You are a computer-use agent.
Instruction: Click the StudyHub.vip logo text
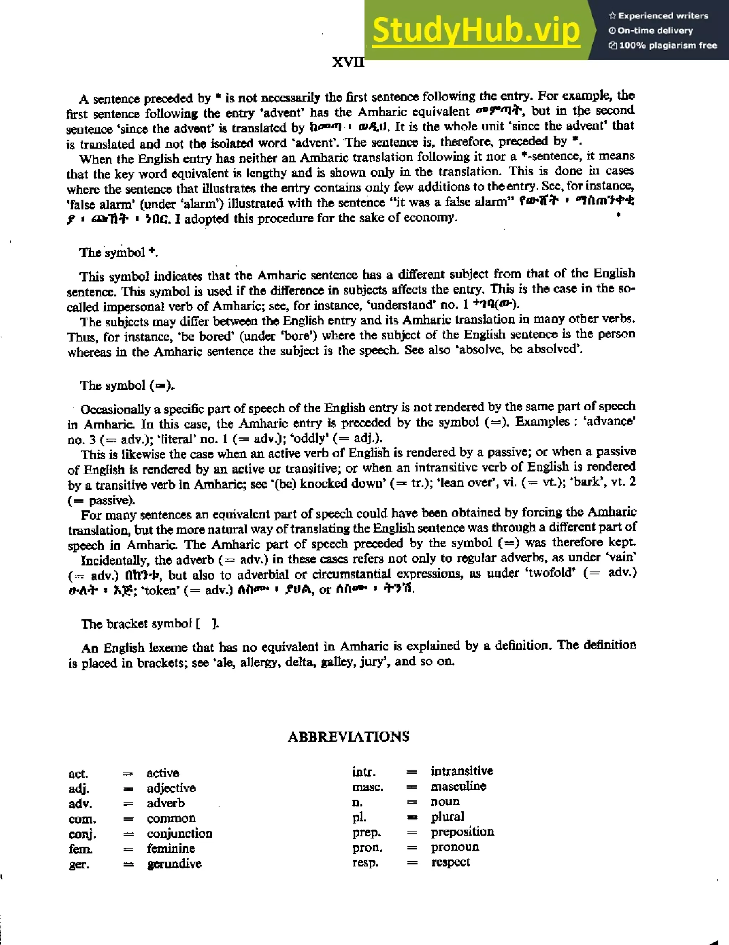476,30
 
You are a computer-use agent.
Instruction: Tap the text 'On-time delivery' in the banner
655,31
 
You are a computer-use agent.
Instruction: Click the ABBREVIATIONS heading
348,736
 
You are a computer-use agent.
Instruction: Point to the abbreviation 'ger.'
79,864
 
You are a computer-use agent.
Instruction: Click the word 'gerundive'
174,864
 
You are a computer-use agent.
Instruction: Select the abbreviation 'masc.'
368,786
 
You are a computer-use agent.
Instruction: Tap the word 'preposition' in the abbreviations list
462,832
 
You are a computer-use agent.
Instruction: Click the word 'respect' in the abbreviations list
451,862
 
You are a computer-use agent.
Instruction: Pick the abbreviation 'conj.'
82,834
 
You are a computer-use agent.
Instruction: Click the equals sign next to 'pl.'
412,817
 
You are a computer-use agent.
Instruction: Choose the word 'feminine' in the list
171,848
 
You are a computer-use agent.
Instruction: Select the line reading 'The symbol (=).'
127,385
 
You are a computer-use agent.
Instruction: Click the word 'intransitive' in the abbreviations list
461,771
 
